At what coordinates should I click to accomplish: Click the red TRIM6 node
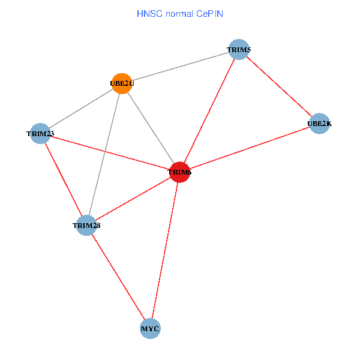[179, 172]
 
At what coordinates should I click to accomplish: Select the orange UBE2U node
[121, 83]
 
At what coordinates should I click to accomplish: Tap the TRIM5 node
[238, 49]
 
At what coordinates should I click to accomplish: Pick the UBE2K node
[319, 124]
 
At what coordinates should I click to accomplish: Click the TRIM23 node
[40, 133]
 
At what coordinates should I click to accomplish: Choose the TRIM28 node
[86, 225]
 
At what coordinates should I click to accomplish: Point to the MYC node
[150, 329]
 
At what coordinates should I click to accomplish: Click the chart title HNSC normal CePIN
[180, 13]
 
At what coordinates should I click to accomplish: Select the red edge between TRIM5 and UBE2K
[279, 86]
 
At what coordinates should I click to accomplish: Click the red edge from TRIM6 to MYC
[165, 250]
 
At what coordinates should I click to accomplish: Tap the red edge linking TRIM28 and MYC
[118, 277]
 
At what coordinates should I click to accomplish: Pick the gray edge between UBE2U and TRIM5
[180, 66]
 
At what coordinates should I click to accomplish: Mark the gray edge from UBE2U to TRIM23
[81, 108]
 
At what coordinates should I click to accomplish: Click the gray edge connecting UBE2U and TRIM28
[104, 154]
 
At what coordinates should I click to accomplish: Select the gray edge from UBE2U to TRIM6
[150, 128]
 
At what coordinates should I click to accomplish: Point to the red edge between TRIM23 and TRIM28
[63, 179]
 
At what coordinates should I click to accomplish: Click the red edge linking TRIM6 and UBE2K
[249, 148]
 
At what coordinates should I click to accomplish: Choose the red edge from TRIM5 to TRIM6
[209, 111]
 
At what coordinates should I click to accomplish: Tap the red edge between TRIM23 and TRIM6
[110, 152]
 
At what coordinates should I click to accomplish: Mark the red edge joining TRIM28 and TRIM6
[133, 199]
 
